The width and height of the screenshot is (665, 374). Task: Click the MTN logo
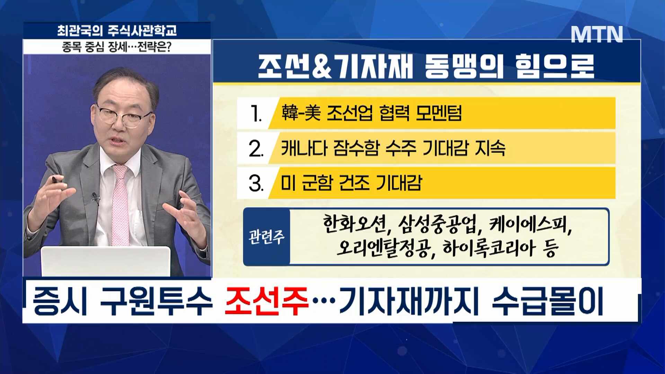(x=597, y=34)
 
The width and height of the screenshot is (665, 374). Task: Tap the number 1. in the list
(x=256, y=114)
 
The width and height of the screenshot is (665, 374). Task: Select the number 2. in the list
(x=256, y=149)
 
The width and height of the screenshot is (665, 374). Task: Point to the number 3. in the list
(x=256, y=183)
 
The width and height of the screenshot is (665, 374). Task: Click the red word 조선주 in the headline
(x=266, y=301)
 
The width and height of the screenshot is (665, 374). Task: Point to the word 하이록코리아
(x=488, y=248)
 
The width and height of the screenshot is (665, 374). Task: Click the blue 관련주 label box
(x=266, y=237)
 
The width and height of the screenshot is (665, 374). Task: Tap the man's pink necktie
(x=120, y=204)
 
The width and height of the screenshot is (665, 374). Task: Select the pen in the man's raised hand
(x=56, y=179)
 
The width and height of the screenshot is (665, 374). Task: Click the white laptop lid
(x=106, y=261)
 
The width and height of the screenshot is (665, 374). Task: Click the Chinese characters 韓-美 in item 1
(x=301, y=113)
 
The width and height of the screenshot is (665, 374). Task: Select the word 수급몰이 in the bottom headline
(x=547, y=301)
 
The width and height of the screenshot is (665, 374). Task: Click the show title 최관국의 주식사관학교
(x=117, y=31)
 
